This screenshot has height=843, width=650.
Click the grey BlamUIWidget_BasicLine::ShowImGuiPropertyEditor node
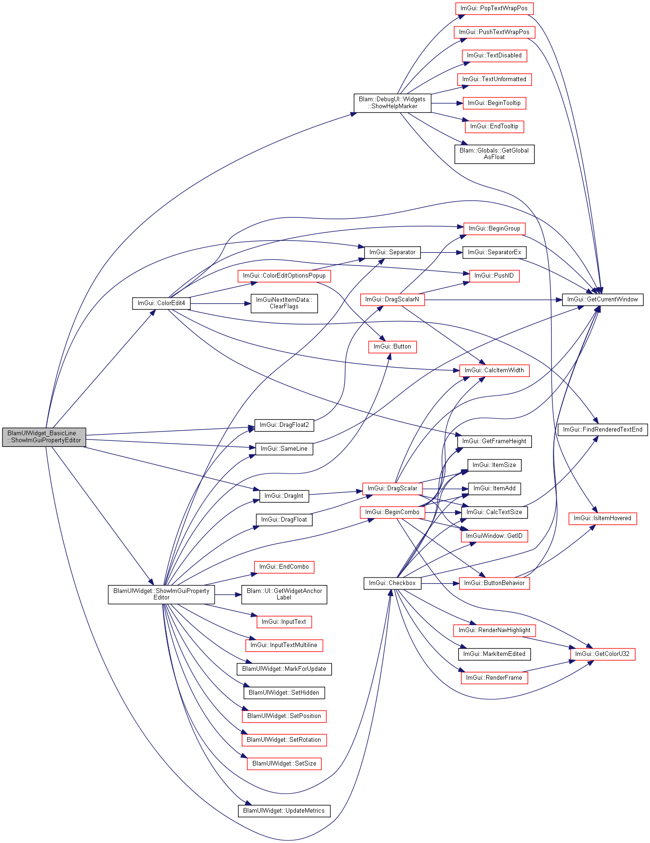click(x=44, y=437)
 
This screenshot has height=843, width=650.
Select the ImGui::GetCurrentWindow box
click(x=602, y=300)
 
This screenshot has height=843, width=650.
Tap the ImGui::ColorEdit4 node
click(x=161, y=303)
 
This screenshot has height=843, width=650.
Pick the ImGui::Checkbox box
click(x=392, y=583)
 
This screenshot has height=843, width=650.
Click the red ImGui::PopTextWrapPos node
click(x=494, y=8)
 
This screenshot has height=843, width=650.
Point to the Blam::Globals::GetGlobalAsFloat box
click(x=494, y=154)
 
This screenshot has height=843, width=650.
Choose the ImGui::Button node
click(x=392, y=347)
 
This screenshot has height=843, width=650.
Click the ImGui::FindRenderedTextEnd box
click(x=603, y=430)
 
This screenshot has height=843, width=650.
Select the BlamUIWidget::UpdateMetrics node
click(x=284, y=811)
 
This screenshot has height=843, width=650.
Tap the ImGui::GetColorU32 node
click(x=602, y=654)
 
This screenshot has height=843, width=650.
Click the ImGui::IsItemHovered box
click(x=602, y=518)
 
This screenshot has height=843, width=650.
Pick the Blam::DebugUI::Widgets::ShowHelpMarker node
click(x=392, y=103)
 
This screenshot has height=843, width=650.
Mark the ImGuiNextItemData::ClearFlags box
click(x=284, y=303)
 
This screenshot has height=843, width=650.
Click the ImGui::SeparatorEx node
click(x=494, y=252)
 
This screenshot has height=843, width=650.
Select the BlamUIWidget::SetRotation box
click(x=284, y=740)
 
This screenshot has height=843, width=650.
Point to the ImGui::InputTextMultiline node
click(x=284, y=645)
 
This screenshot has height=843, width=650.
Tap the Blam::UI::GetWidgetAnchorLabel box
click(x=284, y=594)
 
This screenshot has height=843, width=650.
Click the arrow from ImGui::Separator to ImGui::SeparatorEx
click(x=442, y=252)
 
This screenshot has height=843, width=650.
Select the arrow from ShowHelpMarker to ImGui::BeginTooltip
click(x=447, y=103)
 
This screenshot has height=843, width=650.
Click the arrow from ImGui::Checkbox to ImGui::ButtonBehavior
click(x=440, y=583)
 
